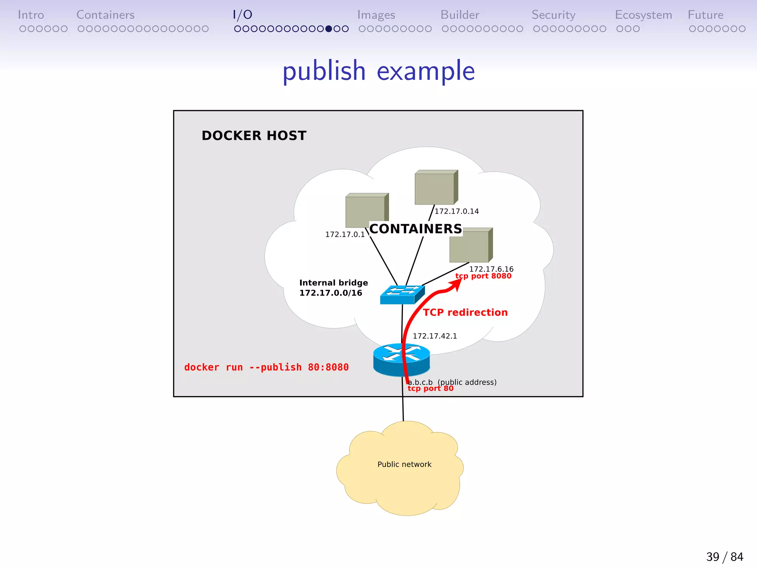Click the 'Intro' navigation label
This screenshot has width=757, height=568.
point(31,15)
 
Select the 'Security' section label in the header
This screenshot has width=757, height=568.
point(553,15)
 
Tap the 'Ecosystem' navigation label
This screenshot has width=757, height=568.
point(643,15)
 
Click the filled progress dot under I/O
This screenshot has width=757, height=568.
point(329,29)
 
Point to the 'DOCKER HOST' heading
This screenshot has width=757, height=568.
point(254,136)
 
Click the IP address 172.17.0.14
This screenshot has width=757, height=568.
point(456,211)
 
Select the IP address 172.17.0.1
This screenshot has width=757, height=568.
point(345,234)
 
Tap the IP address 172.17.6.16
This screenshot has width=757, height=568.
point(491,269)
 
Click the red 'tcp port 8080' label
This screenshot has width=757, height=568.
point(483,276)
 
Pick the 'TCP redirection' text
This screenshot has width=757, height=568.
point(465,312)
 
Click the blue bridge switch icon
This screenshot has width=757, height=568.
point(402,295)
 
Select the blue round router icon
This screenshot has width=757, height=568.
point(401,359)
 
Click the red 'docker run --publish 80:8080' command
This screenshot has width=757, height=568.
point(267,367)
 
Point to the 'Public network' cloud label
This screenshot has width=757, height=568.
point(404,464)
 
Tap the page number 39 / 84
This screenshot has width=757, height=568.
point(724,557)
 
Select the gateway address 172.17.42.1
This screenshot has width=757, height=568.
point(435,336)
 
